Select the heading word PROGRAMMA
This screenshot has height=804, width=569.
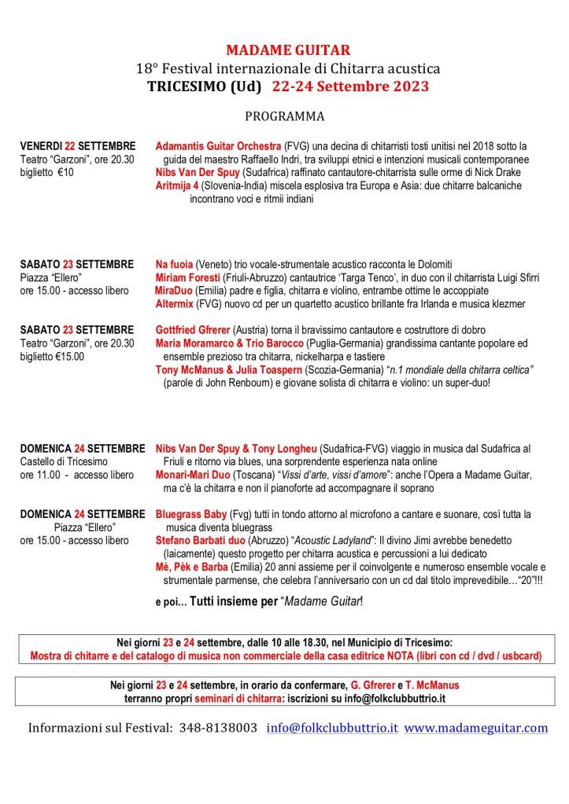(284, 116)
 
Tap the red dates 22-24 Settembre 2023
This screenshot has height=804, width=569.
(351, 86)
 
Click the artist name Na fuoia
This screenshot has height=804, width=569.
(174, 264)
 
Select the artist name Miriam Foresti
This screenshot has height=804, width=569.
(186, 277)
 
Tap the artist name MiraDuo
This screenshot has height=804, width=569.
(173, 291)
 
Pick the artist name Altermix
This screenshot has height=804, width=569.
(175, 304)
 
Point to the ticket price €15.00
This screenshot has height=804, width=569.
(69, 356)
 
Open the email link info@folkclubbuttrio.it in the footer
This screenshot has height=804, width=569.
(332, 728)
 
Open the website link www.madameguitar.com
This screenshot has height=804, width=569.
(476, 728)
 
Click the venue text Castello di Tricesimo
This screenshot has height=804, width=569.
(64, 461)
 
